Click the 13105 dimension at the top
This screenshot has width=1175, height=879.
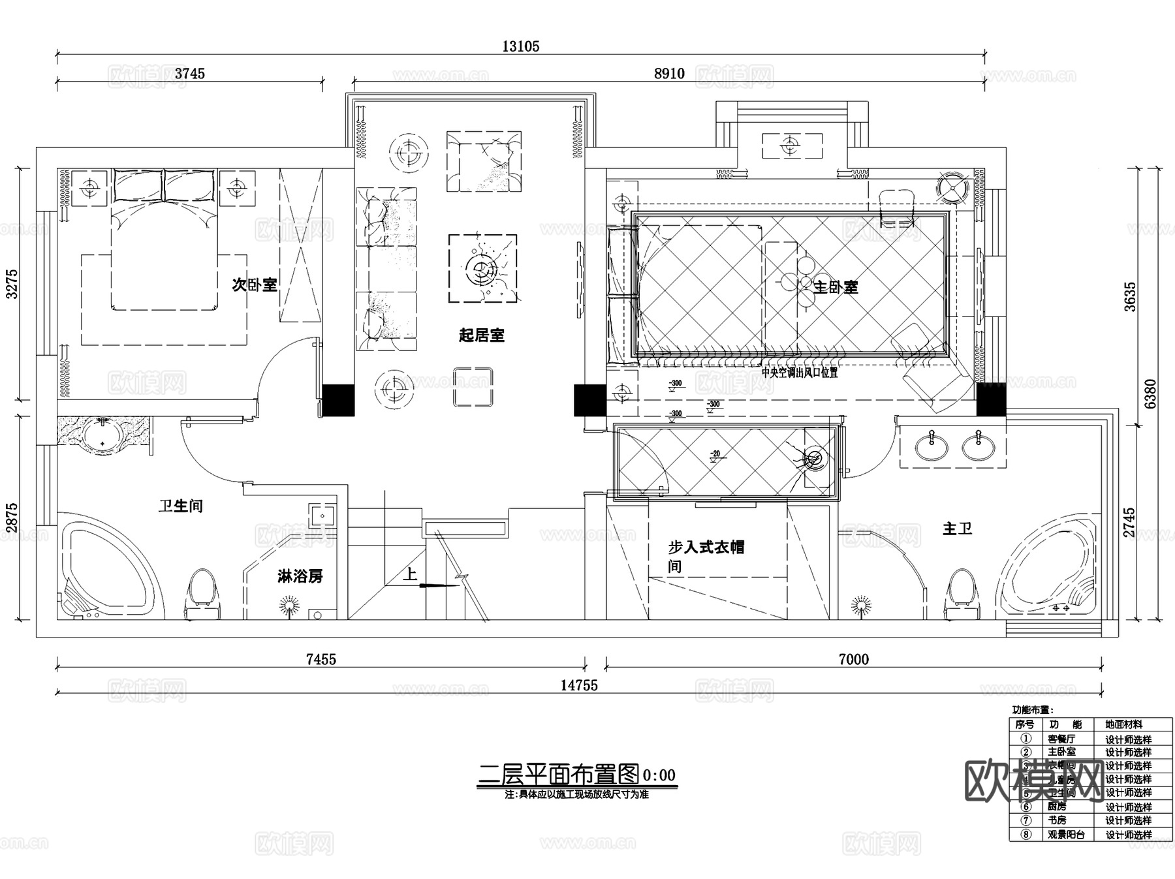[x=520, y=46]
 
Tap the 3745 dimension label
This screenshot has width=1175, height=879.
[x=189, y=74]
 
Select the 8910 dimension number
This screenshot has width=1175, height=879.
[x=669, y=74]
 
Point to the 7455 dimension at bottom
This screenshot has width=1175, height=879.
[x=321, y=660]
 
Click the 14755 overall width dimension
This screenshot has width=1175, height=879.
[x=578, y=685]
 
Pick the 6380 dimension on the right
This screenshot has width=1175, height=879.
[x=1150, y=393]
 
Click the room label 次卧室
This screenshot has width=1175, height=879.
[x=255, y=285]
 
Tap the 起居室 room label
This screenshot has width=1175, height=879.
[x=481, y=335]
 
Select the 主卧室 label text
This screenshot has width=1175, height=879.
[x=836, y=287]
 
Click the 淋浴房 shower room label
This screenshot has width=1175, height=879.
[x=300, y=576]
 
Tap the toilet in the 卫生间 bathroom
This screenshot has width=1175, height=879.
[x=203, y=594]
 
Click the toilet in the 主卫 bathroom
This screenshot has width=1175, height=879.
[x=962, y=594]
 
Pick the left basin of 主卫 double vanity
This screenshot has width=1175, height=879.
[x=932, y=447]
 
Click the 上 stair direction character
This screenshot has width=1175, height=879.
[x=410, y=574]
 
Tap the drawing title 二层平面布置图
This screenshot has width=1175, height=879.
[x=559, y=775]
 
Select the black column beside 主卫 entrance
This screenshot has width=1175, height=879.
[x=990, y=399]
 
